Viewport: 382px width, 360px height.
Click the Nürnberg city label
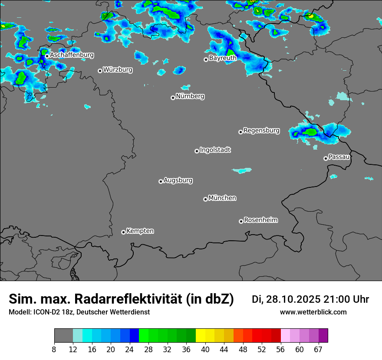click(x=190, y=96)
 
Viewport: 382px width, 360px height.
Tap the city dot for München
click(x=205, y=199)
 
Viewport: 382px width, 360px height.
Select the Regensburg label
click(x=261, y=130)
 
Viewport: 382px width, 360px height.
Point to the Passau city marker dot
click(x=326, y=158)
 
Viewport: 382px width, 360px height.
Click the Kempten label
click(x=140, y=231)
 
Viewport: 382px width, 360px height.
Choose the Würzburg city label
click(x=118, y=69)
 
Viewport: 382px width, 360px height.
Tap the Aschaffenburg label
click(x=72, y=55)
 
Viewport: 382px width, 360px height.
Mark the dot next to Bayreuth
click(x=206, y=59)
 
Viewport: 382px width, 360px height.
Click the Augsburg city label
click(x=178, y=180)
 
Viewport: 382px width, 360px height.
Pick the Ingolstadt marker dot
click(x=197, y=151)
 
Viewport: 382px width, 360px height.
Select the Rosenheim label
click(x=260, y=220)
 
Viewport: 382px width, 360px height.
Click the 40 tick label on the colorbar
click(x=205, y=350)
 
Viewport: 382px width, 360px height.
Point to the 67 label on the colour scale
click(x=318, y=350)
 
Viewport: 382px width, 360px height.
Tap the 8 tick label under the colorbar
click(x=54, y=350)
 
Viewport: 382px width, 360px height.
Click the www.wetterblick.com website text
click(x=313, y=312)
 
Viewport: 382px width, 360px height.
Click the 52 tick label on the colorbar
click(x=262, y=350)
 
